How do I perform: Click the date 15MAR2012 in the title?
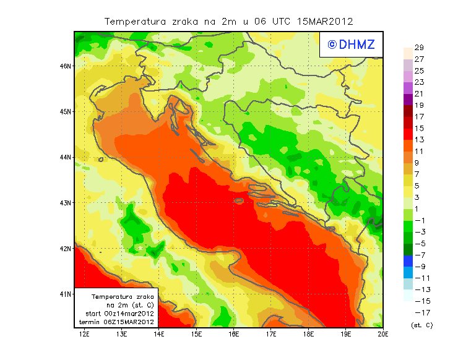[x=324, y=21]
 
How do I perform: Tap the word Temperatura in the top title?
[x=132, y=21]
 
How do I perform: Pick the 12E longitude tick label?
[x=85, y=335]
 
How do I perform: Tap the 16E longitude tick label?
[x=234, y=335]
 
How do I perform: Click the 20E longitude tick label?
[x=383, y=335]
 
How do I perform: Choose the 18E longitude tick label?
[x=309, y=335]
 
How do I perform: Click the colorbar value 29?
[x=419, y=48]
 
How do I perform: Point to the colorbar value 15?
[x=419, y=128]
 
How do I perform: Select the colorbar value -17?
[x=420, y=312]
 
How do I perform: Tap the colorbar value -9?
[x=420, y=267]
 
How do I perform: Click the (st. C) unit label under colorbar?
[x=421, y=325]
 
